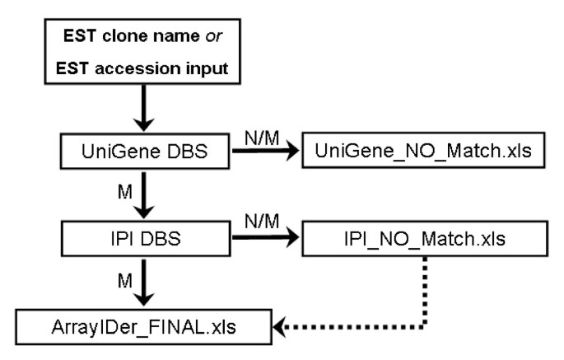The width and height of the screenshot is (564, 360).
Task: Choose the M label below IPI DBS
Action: (x=125, y=283)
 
